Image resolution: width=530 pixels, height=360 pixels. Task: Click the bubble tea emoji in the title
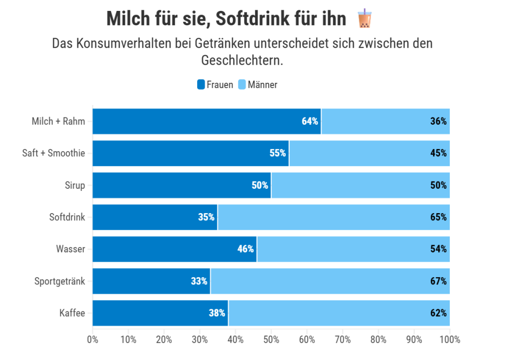tap(364, 19)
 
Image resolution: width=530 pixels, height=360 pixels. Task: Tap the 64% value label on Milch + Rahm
tap(310, 122)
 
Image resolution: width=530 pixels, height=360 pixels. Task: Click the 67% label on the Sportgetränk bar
tap(438, 281)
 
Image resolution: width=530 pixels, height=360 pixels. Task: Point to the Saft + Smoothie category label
tap(53, 153)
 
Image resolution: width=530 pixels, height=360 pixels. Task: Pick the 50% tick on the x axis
tap(271, 340)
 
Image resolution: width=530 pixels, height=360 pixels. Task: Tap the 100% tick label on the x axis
tap(449, 340)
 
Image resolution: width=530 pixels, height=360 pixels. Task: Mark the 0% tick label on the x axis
tap(93, 340)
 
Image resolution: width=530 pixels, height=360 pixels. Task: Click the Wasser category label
tap(70, 249)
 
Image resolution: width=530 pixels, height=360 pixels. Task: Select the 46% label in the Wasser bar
tap(245, 249)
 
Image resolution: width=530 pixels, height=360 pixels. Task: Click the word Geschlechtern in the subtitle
tap(242, 60)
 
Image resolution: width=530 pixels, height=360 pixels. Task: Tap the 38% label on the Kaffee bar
tap(216, 313)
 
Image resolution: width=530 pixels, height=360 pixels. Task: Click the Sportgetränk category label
tap(60, 281)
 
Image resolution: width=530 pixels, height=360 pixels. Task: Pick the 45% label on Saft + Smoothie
tap(438, 153)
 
